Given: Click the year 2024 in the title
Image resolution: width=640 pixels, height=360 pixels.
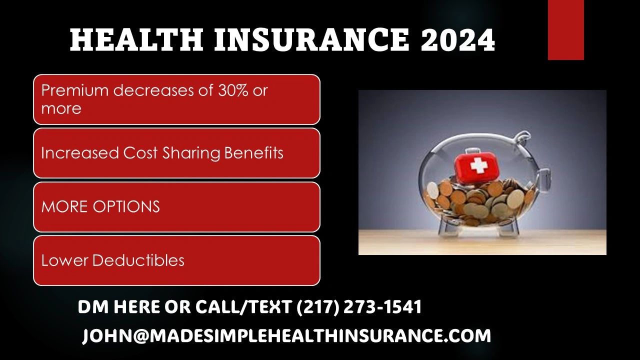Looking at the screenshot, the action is click(x=457, y=39).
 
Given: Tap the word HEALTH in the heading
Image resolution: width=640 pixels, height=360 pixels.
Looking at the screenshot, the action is click(x=136, y=39).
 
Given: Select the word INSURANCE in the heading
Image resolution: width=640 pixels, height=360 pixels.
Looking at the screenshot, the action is click(x=312, y=39).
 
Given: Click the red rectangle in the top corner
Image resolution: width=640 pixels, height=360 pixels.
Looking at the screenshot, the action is click(x=565, y=30).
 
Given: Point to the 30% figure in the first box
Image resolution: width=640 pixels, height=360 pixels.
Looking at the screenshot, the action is click(x=233, y=90).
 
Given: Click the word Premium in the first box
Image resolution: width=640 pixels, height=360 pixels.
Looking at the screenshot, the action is click(x=75, y=90).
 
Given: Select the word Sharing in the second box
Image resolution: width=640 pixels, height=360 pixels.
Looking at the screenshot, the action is click(x=191, y=153).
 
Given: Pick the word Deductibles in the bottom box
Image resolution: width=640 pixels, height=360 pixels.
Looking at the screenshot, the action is click(x=138, y=260).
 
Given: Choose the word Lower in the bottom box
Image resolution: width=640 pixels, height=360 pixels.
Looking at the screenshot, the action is click(x=64, y=260).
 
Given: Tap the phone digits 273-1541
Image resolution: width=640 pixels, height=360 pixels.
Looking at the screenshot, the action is click(x=382, y=307).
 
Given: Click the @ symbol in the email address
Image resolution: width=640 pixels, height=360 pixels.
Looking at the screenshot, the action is click(x=141, y=335).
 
